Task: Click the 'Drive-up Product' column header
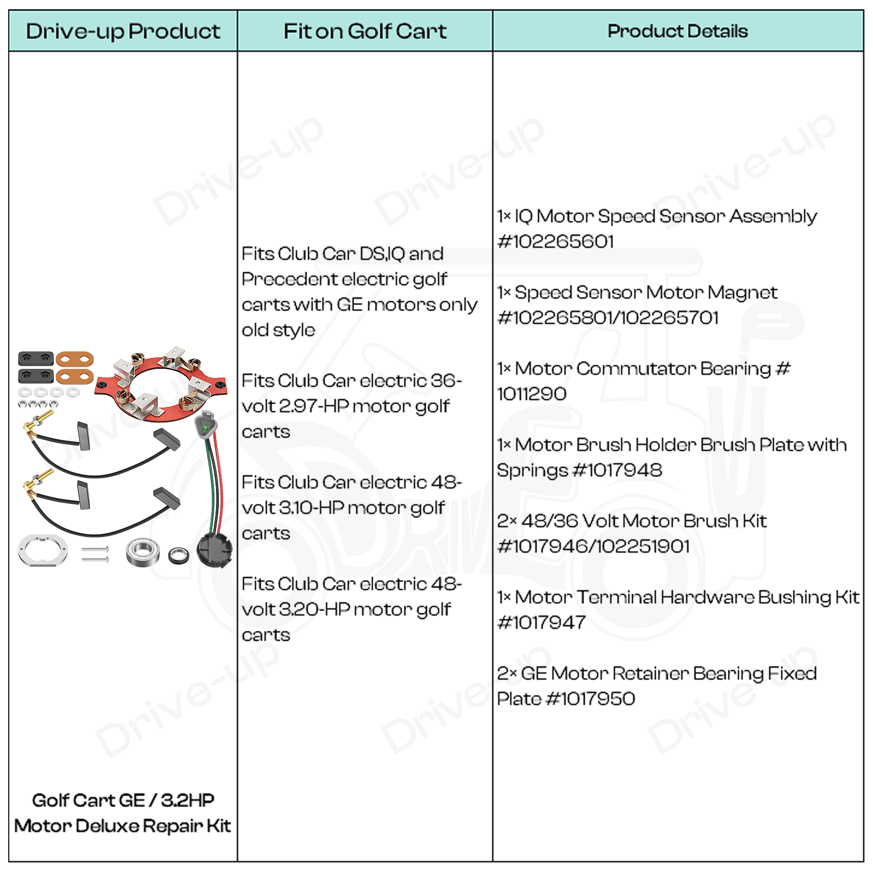pyautogui.click(x=123, y=31)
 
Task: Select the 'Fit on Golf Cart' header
pyautogui.click(x=364, y=31)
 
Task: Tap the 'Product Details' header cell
pyautogui.click(x=677, y=31)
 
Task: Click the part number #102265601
pyautogui.click(x=555, y=242)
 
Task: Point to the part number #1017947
pyautogui.click(x=541, y=623)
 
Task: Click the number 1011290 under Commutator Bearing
pyautogui.click(x=531, y=394)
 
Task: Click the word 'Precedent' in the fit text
pyautogui.click(x=290, y=279)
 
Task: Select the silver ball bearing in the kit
pyautogui.click(x=142, y=552)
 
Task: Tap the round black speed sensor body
pyautogui.click(x=214, y=550)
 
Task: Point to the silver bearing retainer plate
pyautogui.click(x=43, y=549)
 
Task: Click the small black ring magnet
pyautogui.click(x=178, y=555)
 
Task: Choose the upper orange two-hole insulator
pyautogui.click(x=74, y=359)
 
